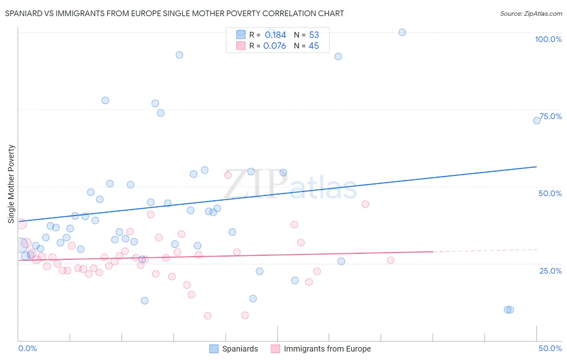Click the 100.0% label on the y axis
(x=548, y=39)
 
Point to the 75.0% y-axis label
(x=550, y=116)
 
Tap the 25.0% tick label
(x=550, y=271)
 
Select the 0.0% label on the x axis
(x=27, y=348)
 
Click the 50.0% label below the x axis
(x=550, y=348)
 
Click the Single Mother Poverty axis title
(x=11, y=184)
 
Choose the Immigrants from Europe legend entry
(x=321, y=349)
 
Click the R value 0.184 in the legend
(x=275, y=35)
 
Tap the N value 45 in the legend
(x=314, y=46)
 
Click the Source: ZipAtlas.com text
(x=531, y=14)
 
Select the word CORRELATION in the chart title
(x=288, y=14)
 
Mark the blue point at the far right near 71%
(x=537, y=120)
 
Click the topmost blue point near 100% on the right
(x=402, y=32)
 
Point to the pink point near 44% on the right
(x=365, y=204)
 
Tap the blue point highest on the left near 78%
(x=105, y=100)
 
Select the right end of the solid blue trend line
(x=536, y=167)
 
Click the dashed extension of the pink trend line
(x=484, y=251)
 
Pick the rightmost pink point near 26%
(x=390, y=260)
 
